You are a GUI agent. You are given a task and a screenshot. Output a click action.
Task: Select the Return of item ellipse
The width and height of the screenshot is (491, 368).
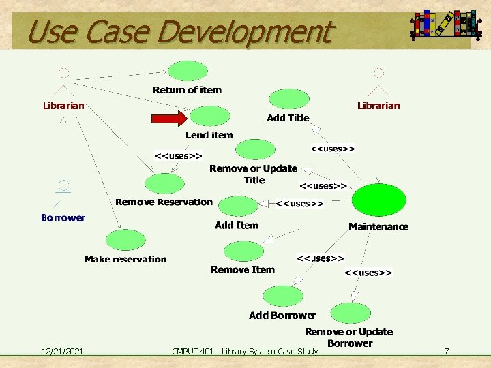click(x=188, y=71)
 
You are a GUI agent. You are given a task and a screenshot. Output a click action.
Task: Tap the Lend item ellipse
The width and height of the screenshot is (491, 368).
click(x=209, y=117)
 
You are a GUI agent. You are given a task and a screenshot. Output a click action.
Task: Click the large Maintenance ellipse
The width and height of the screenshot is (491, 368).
click(x=378, y=200)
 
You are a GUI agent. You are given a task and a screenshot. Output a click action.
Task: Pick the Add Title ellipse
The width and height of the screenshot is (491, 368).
click(x=288, y=99)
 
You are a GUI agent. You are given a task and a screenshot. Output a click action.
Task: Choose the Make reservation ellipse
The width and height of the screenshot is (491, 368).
click(x=126, y=240)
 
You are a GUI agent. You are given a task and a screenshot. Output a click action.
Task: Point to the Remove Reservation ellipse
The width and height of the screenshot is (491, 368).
click(x=164, y=183)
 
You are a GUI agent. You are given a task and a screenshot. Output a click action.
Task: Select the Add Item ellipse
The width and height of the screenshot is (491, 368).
click(x=238, y=206)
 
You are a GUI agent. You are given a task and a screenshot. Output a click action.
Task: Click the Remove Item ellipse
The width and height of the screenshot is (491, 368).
click(x=243, y=251)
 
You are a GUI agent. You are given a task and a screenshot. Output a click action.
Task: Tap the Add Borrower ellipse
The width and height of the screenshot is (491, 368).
click(x=282, y=296)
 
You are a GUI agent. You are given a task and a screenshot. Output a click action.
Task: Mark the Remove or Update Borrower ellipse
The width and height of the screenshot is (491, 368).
click(x=349, y=313)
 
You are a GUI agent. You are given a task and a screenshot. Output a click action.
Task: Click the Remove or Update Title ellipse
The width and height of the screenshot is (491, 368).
click(x=254, y=149)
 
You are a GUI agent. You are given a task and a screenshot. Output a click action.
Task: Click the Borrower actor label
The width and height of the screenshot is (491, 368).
click(x=63, y=218)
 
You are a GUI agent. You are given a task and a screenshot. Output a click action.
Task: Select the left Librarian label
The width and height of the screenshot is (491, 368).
click(x=63, y=106)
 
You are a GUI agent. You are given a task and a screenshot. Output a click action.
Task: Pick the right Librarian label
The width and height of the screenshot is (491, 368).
click(x=378, y=106)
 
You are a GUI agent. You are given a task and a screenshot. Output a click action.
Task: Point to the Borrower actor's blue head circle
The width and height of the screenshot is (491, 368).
click(x=63, y=185)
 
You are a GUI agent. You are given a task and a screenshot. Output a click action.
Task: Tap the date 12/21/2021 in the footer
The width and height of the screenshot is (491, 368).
click(x=62, y=351)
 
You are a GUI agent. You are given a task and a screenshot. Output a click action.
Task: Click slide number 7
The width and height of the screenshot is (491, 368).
click(x=446, y=351)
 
